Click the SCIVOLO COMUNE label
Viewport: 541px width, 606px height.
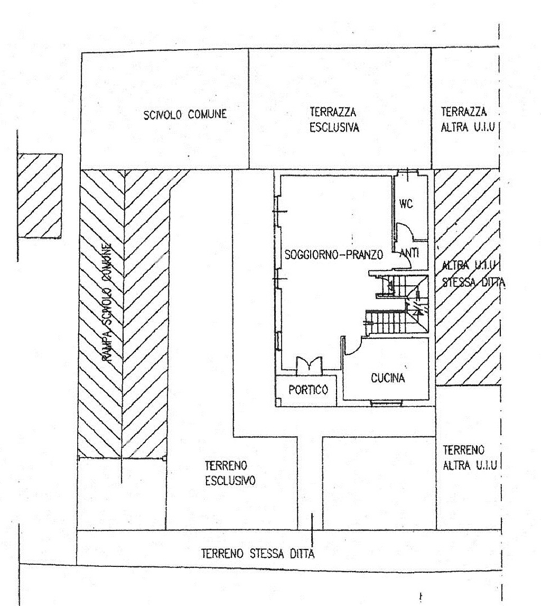(185, 115)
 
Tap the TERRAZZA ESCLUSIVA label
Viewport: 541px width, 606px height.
(334, 120)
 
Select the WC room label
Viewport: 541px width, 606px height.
(406, 204)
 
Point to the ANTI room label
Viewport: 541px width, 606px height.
(409, 253)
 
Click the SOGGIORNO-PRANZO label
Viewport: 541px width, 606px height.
(334, 255)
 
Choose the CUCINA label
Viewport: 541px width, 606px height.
(388, 378)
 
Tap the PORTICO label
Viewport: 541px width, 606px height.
(309, 390)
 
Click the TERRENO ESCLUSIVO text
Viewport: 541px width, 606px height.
(230, 473)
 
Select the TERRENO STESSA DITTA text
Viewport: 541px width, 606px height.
(258, 554)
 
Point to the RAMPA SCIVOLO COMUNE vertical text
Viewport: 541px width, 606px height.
(108, 303)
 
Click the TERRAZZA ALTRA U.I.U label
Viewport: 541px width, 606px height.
(468, 120)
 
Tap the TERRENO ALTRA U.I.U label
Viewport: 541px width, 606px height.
(470, 458)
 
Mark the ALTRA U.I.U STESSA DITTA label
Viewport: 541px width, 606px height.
(473, 274)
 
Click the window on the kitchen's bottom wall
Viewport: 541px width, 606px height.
(386, 404)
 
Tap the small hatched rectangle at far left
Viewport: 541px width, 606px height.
(40, 196)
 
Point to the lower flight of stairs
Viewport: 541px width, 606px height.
(386, 322)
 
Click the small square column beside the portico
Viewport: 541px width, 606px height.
(278, 402)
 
